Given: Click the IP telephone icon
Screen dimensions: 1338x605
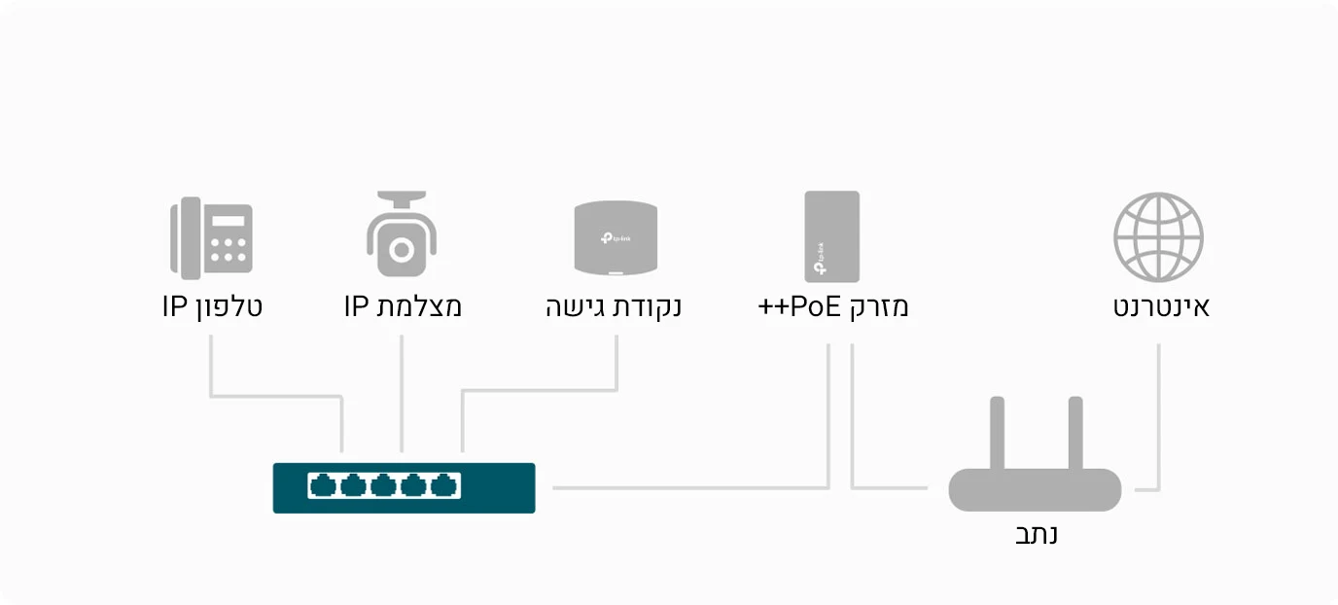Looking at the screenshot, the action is pyautogui.click(x=211, y=237).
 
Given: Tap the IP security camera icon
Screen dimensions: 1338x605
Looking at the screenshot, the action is pyautogui.click(x=402, y=233).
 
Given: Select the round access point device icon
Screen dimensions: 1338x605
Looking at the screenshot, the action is pyautogui.click(x=616, y=237).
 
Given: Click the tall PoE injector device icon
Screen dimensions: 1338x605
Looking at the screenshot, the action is pyautogui.click(x=832, y=236).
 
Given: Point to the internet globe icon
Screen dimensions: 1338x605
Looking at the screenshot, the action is pyautogui.click(x=1158, y=236).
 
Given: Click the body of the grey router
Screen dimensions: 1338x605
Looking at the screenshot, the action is pyautogui.click(x=1035, y=489).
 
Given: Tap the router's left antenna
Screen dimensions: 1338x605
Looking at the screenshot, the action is pyautogui.click(x=997, y=433).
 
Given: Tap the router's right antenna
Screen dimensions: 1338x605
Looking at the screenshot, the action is pyautogui.click(x=1075, y=433).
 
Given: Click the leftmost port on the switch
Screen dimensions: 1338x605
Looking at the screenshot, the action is pyautogui.click(x=323, y=485).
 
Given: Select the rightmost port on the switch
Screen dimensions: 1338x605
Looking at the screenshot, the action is pyautogui.click(x=443, y=485).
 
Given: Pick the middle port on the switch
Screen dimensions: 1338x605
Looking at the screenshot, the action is pyautogui.click(x=383, y=485).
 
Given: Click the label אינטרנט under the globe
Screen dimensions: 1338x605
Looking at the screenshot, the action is pyautogui.click(x=1161, y=307).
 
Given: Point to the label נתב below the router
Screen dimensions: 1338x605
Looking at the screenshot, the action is pyautogui.click(x=1037, y=534).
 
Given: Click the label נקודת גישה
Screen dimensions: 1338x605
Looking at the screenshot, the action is pyautogui.click(x=614, y=307).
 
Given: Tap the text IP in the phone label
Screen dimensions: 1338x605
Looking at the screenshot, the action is pyautogui.click(x=175, y=305).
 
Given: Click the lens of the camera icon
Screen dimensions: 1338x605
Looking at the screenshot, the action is pyautogui.click(x=402, y=250).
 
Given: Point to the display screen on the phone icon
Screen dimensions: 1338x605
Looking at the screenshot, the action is pyautogui.click(x=229, y=221).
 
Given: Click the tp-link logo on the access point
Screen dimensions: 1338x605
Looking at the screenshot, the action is pyautogui.click(x=616, y=238).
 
